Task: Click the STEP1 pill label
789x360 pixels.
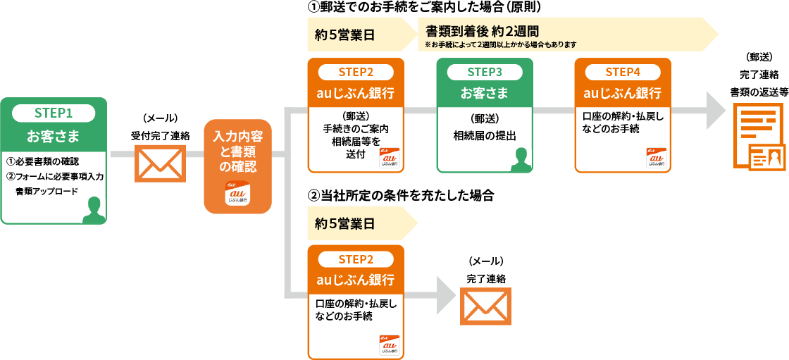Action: tap(54, 113)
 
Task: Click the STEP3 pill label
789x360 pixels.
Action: tap(485, 72)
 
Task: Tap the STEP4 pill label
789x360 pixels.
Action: tap(623, 72)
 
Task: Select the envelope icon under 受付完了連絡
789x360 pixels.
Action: tap(160, 164)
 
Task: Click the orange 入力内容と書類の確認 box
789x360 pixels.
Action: tap(237, 166)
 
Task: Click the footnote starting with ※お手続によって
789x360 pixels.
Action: tap(501, 44)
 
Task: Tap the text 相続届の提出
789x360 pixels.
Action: tap(484, 136)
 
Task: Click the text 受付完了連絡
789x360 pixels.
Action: tap(160, 135)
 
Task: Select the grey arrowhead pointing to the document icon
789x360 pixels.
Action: tap(716, 111)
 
